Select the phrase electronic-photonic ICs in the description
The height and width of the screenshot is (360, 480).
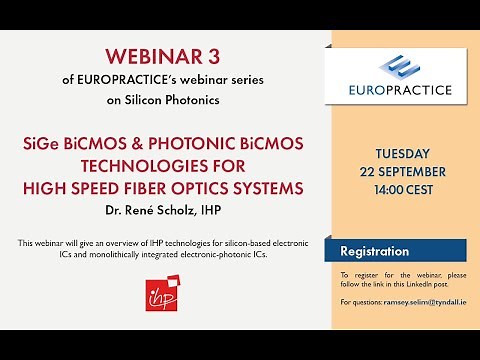224,254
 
